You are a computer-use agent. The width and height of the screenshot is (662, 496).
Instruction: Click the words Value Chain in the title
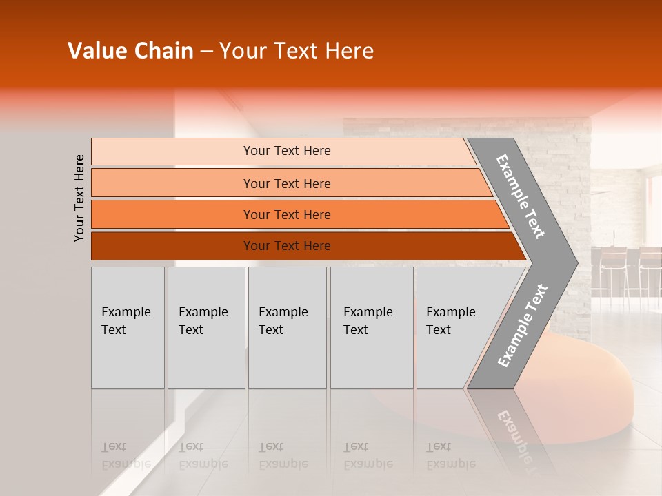[x=130, y=51]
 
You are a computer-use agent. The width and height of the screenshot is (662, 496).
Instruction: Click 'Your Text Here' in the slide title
[x=297, y=51]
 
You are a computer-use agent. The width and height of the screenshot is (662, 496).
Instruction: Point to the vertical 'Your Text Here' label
[x=79, y=198]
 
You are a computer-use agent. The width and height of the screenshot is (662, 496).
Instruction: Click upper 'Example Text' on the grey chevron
[x=521, y=196]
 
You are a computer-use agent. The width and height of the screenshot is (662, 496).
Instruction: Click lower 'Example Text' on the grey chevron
[x=522, y=325]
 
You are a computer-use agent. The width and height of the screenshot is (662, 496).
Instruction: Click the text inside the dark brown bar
[x=287, y=246]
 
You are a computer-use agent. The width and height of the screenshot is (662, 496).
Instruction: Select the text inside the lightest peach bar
[x=287, y=151]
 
